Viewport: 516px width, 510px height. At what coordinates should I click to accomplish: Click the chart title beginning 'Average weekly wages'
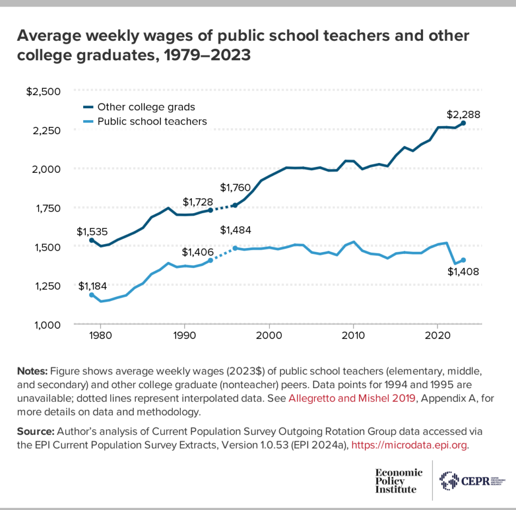(x=243, y=46)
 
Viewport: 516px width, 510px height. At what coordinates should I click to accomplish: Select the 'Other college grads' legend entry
(x=146, y=107)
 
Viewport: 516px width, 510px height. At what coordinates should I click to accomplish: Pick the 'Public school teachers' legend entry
(x=152, y=121)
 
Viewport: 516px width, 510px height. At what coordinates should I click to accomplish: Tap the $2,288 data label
(x=463, y=115)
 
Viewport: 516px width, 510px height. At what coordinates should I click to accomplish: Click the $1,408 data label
(x=462, y=272)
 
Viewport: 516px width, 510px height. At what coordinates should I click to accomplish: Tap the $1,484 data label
(x=236, y=230)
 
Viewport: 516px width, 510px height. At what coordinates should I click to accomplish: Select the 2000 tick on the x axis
(x=269, y=336)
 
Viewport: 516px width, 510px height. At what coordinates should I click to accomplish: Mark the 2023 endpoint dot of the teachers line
(x=463, y=260)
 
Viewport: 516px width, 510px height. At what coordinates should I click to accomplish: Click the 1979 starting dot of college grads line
(x=91, y=240)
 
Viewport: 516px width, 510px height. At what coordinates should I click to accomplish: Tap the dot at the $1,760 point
(x=235, y=205)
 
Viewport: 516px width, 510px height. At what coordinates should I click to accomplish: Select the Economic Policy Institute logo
(x=398, y=480)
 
